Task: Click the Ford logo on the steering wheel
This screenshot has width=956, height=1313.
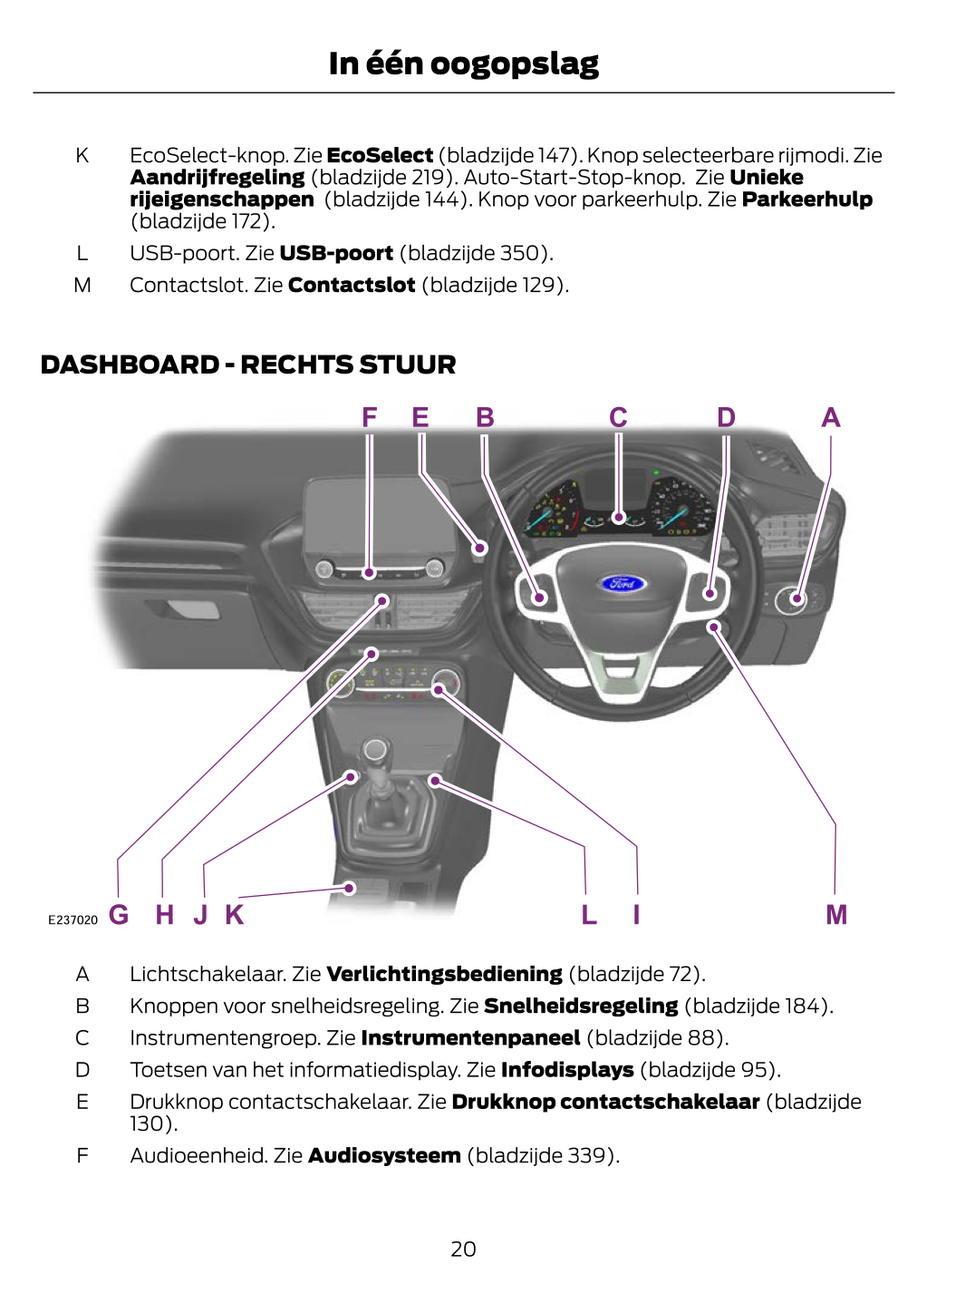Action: (x=623, y=583)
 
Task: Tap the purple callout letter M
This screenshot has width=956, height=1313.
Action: (x=836, y=915)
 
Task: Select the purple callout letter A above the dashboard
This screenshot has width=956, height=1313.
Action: (x=831, y=418)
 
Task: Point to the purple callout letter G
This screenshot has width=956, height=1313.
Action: (x=119, y=915)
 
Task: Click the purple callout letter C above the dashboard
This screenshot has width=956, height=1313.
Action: (x=618, y=418)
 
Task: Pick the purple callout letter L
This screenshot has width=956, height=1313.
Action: (x=589, y=915)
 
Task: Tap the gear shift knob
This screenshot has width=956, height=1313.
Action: (x=374, y=750)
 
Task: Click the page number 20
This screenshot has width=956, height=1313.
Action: (x=463, y=1250)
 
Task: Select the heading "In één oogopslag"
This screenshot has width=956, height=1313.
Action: (x=463, y=63)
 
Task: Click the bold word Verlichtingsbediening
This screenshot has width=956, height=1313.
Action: (x=444, y=974)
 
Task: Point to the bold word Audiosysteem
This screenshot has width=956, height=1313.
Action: (x=384, y=1155)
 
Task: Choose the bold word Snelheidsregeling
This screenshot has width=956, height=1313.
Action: (x=581, y=1006)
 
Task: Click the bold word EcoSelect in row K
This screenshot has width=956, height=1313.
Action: (x=380, y=155)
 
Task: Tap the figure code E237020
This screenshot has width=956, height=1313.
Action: (x=72, y=919)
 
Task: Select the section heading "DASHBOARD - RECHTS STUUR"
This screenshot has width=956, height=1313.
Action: (x=248, y=365)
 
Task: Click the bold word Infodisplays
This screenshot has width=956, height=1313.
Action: (x=567, y=1069)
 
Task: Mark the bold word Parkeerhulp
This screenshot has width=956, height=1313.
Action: (x=806, y=199)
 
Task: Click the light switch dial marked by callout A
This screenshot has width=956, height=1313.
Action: (x=797, y=598)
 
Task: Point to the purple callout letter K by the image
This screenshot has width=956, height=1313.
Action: (x=235, y=915)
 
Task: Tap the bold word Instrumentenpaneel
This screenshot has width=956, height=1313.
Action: (x=470, y=1037)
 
